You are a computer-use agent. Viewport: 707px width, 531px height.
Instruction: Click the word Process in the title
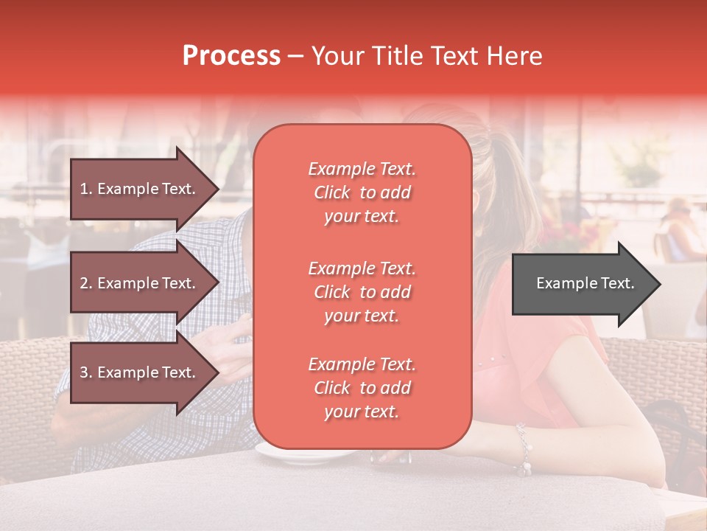click(231, 55)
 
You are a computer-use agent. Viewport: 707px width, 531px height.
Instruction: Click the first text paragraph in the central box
click(362, 192)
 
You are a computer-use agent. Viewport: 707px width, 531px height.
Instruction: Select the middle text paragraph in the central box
click(362, 292)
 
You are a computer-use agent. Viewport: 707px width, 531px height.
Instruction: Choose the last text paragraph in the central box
click(362, 388)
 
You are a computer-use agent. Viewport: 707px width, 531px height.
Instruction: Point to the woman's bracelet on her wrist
click(523, 450)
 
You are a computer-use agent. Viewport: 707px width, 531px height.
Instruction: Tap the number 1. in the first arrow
click(86, 189)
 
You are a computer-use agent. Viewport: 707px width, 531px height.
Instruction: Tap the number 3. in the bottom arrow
click(86, 372)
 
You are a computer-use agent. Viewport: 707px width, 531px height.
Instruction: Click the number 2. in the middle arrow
click(86, 283)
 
